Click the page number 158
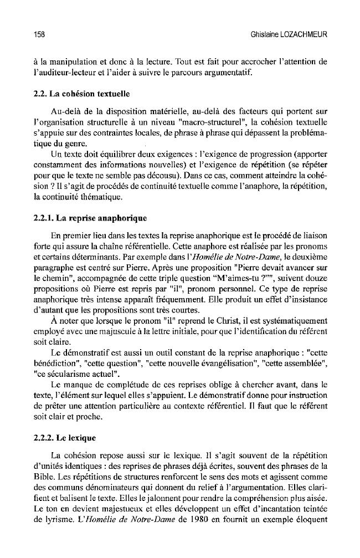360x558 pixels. click(x=38, y=35)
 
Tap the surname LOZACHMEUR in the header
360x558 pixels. click(x=305, y=35)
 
